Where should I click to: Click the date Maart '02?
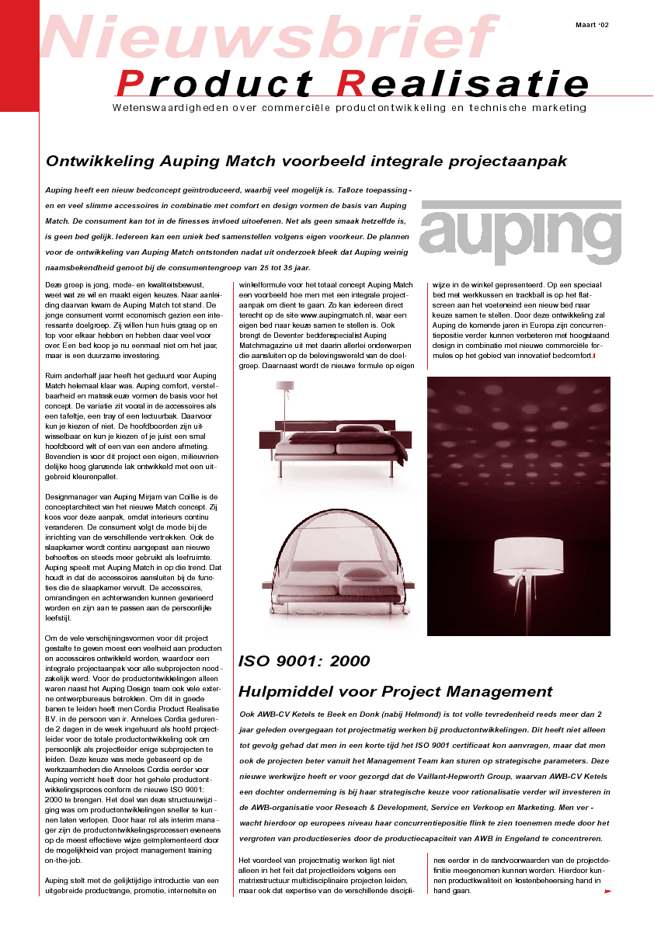pos(592,25)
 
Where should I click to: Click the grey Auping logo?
pos(520,233)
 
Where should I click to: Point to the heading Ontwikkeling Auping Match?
pos(306,162)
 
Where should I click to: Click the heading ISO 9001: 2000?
pos(304,662)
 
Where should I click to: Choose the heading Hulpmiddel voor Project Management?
pos(395,691)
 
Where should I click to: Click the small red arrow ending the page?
pos(607,892)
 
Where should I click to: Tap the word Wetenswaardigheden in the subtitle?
pos(161,108)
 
